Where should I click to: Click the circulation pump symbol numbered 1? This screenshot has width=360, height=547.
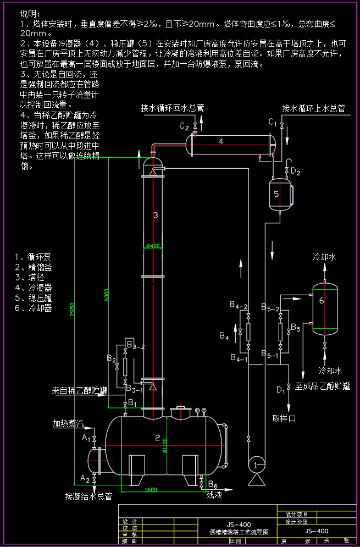pyautogui.click(x=255, y=465)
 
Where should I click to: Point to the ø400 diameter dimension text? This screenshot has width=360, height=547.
pyautogui.click(x=154, y=246)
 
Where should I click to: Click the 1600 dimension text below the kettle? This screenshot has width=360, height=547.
pyautogui.click(x=151, y=489)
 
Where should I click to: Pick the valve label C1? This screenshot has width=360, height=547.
pyautogui.click(x=273, y=121)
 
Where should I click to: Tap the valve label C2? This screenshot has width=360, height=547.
pyautogui.click(x=184, y=126)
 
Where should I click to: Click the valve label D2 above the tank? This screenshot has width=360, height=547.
pyautogui.click(x=296, y=173)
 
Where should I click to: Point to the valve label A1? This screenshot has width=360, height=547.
pyautogui.click(x=86, y=438)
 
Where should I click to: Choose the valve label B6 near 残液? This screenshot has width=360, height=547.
pyautogui.click(x=213, y=485)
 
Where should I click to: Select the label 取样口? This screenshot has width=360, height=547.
pyautogui.click(x=284, y=418)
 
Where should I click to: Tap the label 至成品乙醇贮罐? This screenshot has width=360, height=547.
pyautogui.click(x=323, y=386)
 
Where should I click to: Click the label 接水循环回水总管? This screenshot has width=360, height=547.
pyautogui.click(x=173, y=108)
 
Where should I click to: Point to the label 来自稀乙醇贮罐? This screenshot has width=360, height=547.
pyautogui.click(x=79, y=391)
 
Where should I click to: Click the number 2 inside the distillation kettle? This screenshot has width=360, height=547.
pyautogui.click(x=157, y=438)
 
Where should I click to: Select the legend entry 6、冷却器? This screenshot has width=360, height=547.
pyautogui.click(x=34, y=308)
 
